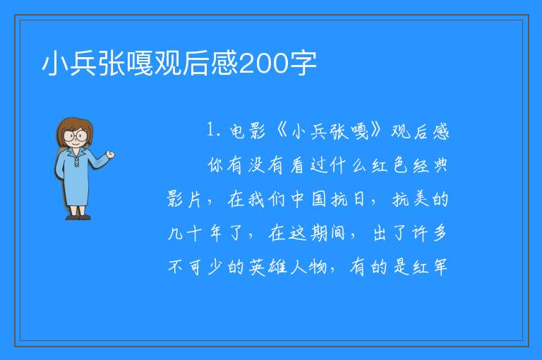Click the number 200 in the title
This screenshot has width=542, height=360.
(264, 64)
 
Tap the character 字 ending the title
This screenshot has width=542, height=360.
(303, 64)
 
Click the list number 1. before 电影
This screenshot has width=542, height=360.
(213, 130)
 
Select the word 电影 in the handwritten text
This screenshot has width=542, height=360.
(248, 131)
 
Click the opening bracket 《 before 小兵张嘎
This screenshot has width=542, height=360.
(282, 131)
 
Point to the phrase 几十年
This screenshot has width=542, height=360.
(194, 233)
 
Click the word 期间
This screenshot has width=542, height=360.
(327, 233)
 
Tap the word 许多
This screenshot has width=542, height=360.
(429, 233)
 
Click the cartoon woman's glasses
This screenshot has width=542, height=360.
(76, 136)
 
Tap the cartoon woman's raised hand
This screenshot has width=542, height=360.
(110, 155)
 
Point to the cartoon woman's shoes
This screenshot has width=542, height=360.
(78, 217)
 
